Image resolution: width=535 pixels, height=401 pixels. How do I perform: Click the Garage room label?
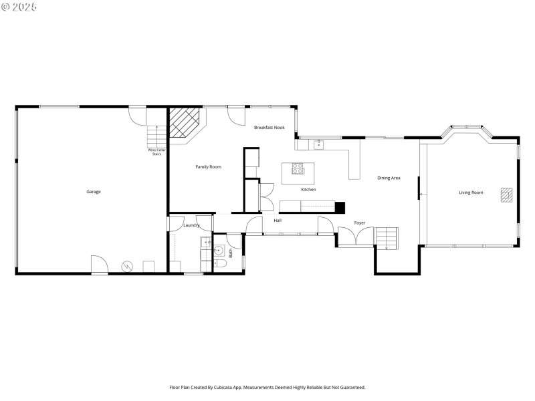93,192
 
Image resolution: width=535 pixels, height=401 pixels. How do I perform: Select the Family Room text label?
208,166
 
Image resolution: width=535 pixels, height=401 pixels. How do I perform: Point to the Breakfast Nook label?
269,127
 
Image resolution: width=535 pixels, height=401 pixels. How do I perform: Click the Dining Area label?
389,178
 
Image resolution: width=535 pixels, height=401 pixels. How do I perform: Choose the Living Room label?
470,192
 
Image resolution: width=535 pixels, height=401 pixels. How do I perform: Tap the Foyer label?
360,223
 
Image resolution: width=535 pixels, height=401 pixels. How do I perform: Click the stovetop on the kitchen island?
298,168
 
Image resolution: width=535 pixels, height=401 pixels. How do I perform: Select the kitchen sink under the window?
319,143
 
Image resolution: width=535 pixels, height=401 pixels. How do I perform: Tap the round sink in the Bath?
218,251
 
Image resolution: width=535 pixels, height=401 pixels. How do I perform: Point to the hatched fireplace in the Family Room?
185,124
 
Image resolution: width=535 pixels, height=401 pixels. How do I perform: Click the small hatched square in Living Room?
506,194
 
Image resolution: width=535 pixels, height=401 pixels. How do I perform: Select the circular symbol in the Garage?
126,266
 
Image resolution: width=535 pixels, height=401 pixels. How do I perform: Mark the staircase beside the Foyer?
387,238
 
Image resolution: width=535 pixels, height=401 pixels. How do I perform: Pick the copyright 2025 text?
19,7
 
